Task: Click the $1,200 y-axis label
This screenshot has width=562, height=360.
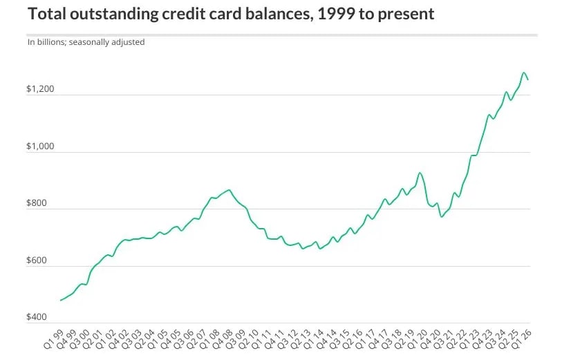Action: pos(40,89)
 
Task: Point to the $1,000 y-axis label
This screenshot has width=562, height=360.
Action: pos(40,146)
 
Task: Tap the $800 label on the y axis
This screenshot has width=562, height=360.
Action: pos(37,202)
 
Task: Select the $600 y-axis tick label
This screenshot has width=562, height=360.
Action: pos(37,260)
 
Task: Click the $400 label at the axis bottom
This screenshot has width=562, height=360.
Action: pos(37,316)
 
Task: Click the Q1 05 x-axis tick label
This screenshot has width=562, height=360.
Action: pos(158,339)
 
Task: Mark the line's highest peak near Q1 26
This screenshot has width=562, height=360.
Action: pos(524,73)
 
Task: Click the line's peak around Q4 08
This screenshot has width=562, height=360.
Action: pos(229,190)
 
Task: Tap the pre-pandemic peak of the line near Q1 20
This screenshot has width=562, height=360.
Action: pos(420,173)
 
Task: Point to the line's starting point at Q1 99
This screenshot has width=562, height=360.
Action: pos(61,300)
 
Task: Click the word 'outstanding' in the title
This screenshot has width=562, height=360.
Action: pos(114,14)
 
